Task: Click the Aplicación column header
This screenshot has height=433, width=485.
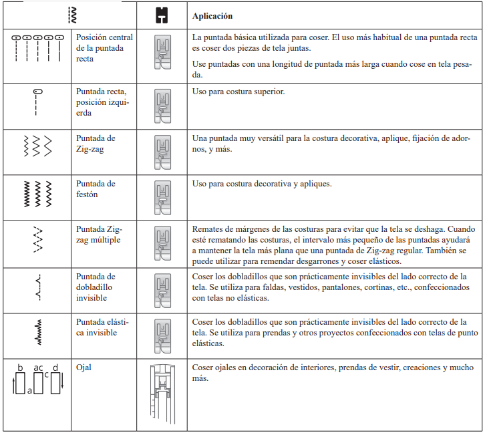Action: (212, 15)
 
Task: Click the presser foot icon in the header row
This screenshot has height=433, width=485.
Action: (161, 15)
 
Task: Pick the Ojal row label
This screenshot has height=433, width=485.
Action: (85, 368)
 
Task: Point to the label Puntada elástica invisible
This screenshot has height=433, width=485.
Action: (97, 327)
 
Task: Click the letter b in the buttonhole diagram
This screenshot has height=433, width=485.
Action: (20, 368)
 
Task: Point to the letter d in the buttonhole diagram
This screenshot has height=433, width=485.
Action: (55, 368)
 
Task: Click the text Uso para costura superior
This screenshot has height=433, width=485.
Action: (238, 91)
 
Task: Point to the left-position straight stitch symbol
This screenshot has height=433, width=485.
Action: (37, 102)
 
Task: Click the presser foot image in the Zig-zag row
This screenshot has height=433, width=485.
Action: (162, 151)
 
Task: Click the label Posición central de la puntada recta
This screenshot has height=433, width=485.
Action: (105, 48)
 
